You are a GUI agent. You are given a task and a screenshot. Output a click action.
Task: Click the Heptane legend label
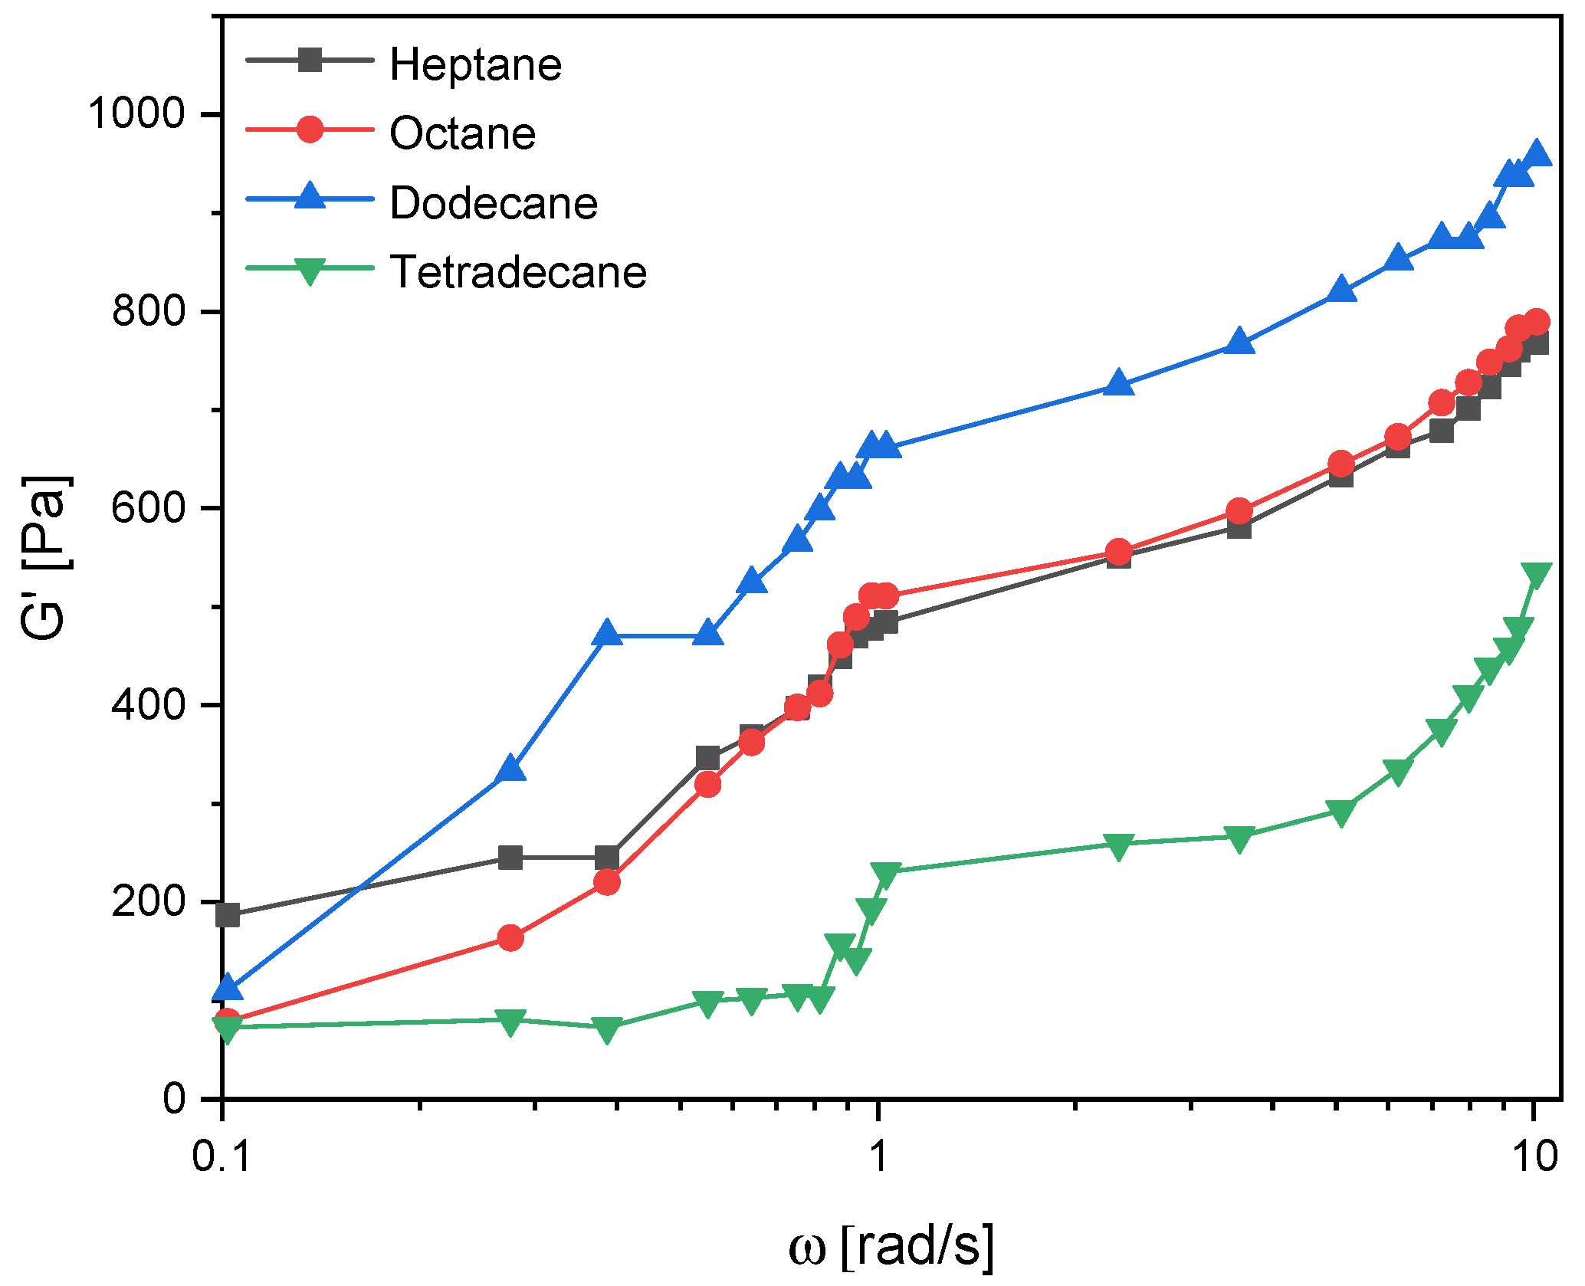tap(475, 64)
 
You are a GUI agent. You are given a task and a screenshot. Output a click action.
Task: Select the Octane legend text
tap(462, 133)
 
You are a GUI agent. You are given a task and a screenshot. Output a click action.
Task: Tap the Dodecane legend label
tap(494, 203)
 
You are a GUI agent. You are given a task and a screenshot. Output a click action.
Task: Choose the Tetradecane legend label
tap(518, 272)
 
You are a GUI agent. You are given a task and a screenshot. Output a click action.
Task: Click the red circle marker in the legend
tap(310, 129)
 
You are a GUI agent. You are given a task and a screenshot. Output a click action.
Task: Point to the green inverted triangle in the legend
tap(310, 271)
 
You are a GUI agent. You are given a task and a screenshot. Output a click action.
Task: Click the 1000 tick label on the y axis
tap(136, 113)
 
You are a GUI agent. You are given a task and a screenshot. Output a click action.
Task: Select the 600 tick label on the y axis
tap(149, 507)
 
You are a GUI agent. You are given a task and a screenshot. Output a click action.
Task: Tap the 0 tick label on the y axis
tap(175, 1098)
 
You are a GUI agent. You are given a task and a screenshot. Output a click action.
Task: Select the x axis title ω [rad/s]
tap(891, 1246)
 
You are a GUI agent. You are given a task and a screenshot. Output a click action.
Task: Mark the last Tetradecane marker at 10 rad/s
tap(1536, 575)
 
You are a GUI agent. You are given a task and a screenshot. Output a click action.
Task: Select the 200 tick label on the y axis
tap(149, 901)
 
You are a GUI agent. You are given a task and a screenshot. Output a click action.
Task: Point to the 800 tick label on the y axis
tap(149, 310)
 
